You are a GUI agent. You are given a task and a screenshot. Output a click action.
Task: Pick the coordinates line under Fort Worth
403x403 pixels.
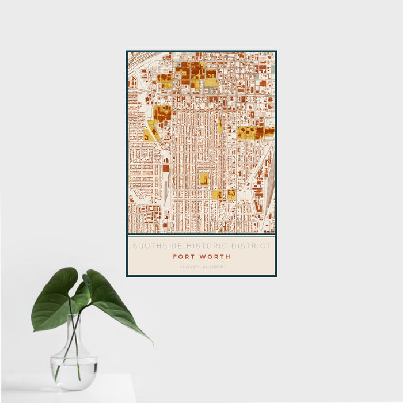coord(201,267)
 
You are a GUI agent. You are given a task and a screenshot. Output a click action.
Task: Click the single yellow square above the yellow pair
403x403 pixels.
coord(204,179)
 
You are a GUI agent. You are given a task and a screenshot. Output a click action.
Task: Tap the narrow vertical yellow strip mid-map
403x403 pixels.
coord(220,126)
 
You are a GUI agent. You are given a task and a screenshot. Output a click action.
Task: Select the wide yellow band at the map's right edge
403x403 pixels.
coord(255,133)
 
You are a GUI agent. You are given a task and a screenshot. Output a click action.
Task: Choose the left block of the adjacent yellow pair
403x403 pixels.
coord(216,195)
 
